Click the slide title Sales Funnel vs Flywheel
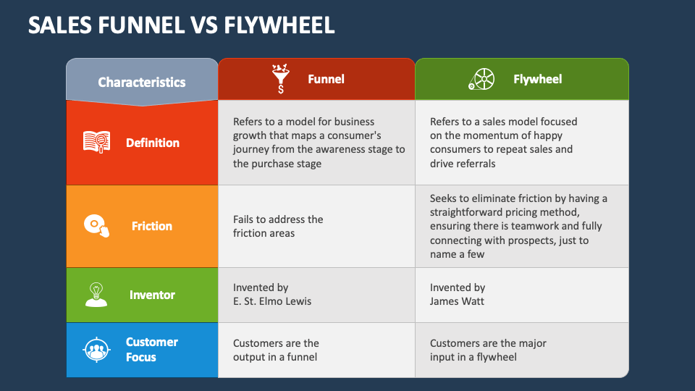(x=181, y=25)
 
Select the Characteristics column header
(x=142, y=82)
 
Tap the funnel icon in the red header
(x=281, y=78)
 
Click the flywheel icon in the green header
(x=481, y=80)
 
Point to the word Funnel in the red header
(x=326, y=79)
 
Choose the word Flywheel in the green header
(x=538, y=79)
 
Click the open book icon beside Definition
(x=96, y=142)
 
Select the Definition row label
(x=153, y=143)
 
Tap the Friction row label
(x=151, y=226)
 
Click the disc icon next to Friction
(x=96, y=226)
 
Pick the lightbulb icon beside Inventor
(x=96, y=295)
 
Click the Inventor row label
(x=152, y=295)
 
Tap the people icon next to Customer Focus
(x=96, y=350)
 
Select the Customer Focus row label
(x=151, y=349)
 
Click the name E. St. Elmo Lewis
(x=272, y=301)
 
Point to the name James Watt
(x=457, y=301)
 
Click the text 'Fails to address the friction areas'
(x=278, y=226)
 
